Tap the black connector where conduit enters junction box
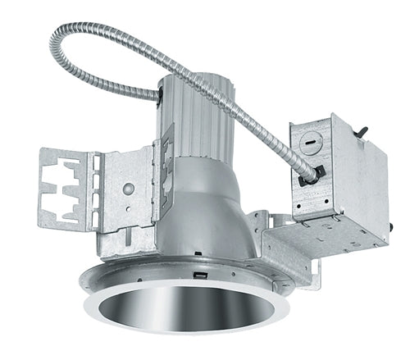313,175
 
